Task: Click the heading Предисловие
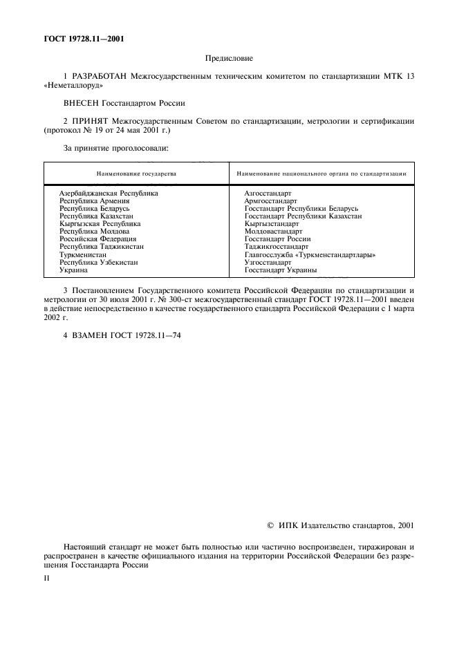(x=229, y=59)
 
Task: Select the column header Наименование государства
(x=137, y=174)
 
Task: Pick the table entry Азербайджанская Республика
(x=109, y=194)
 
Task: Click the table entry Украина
(x=73, y=270)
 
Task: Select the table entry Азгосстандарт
(x=268, y=194)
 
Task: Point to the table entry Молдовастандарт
(x=273, y=232)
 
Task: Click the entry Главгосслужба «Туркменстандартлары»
(x=310, y=254)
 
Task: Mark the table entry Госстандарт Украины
(x=281, y=270)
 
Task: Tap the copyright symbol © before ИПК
(x=271, y=526)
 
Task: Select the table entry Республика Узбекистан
(x=98, y=262)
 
